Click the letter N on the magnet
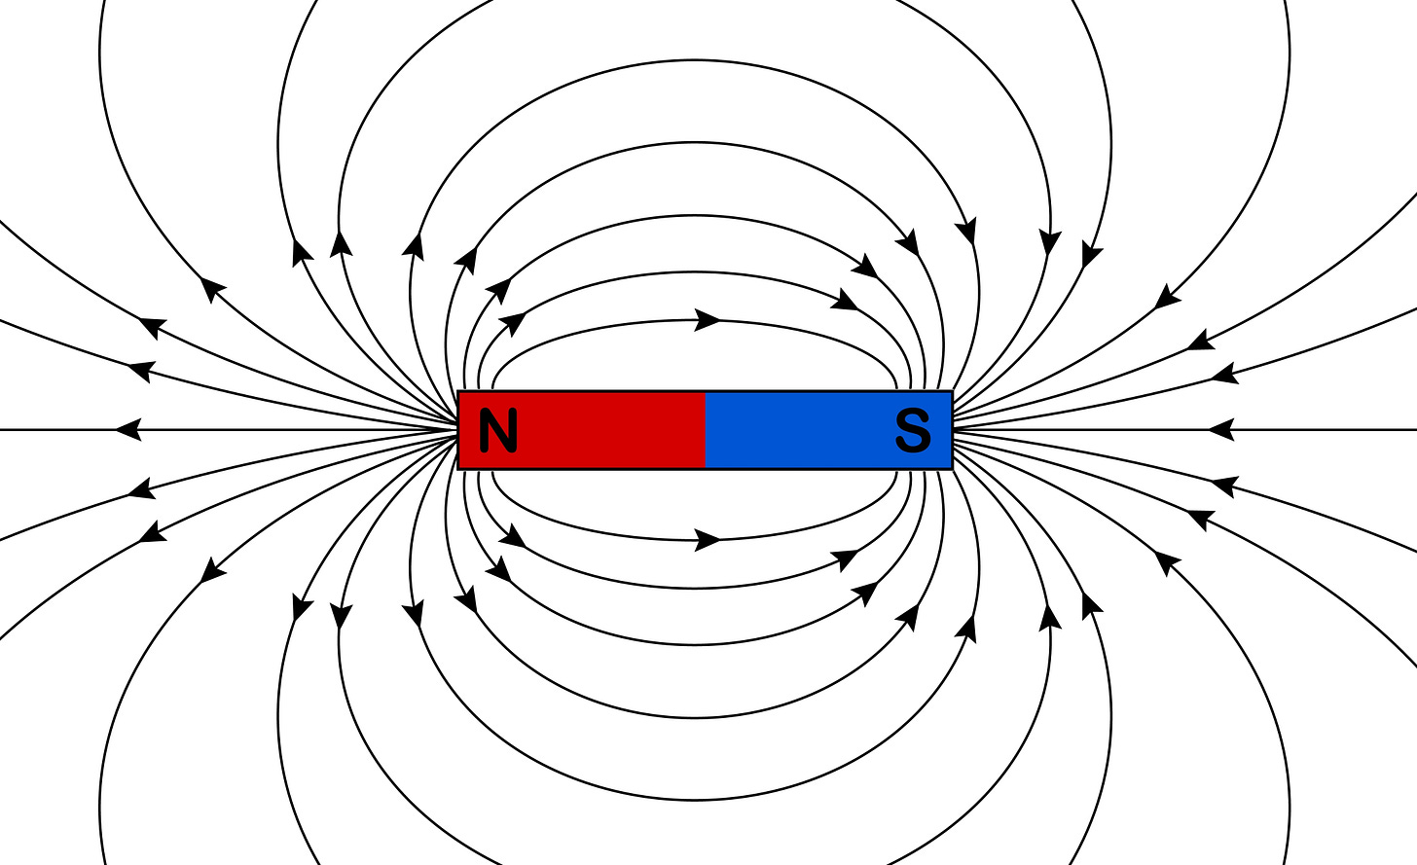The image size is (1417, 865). tap(497, 430)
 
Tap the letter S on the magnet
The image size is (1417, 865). tap(912, 430)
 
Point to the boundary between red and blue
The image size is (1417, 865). tap(706, 430)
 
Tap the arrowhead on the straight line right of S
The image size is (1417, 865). tap(1220, 429)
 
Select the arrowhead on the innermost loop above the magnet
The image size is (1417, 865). tap(708, 320)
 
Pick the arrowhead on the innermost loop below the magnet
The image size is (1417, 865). tap(708, 539)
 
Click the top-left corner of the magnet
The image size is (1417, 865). tap(458, 392)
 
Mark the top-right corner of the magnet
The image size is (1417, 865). tap(952, 392)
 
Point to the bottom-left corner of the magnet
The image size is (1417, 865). tap(458, 469)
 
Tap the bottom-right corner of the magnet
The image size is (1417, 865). tap(952, 469)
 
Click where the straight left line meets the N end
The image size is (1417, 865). tap(458, 429)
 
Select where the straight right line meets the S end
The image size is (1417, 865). tap(953, 429)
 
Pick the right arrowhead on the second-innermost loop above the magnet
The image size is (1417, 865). tap(845, 301)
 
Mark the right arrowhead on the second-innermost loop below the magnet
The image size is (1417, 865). tap(845, 559)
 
